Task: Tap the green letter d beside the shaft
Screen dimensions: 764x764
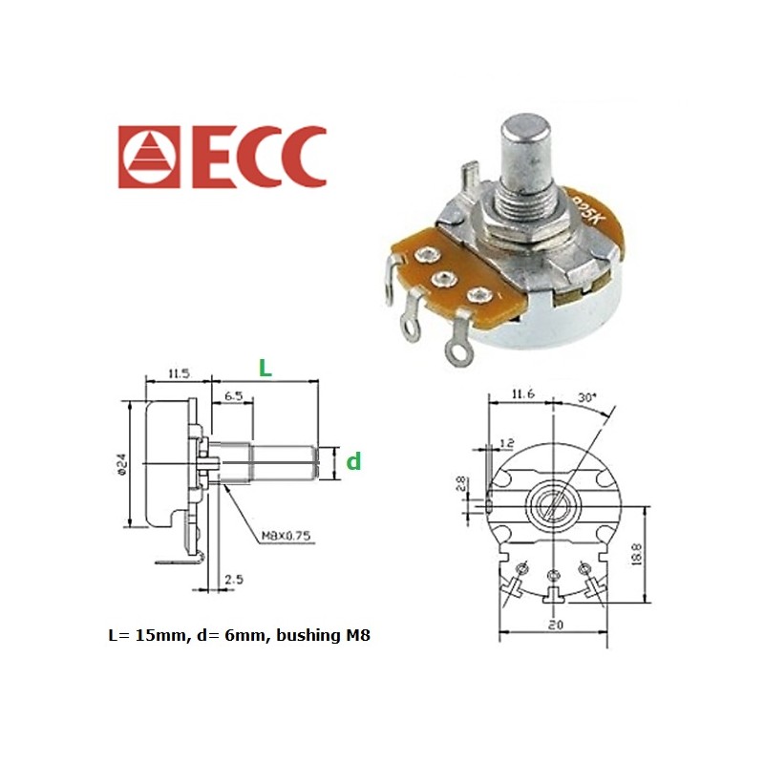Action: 353,462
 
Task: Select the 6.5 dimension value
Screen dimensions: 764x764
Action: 233,394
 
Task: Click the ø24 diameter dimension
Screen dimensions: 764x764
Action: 122,462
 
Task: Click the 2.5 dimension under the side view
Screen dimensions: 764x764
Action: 232,580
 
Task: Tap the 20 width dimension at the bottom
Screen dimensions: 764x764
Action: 555,625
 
